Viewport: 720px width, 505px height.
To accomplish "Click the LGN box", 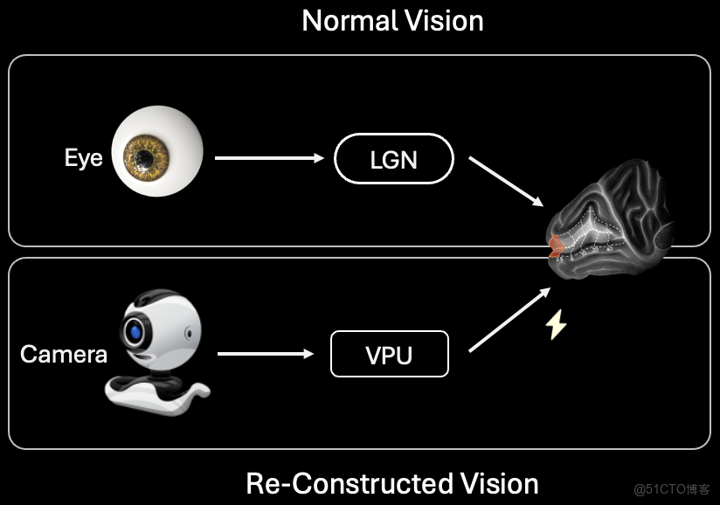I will click(x=393, y=161).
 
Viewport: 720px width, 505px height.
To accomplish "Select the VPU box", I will click(x=389, y=354).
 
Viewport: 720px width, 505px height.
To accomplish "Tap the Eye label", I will click(x=83, y=158).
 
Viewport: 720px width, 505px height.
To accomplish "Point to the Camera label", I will click(x=64, y=354).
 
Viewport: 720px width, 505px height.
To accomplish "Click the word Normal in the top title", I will click(x=347, y=21).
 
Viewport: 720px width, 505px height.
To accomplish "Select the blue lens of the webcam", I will click(x=135, y=331).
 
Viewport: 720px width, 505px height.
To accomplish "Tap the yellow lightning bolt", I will click(x=556, y=325).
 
